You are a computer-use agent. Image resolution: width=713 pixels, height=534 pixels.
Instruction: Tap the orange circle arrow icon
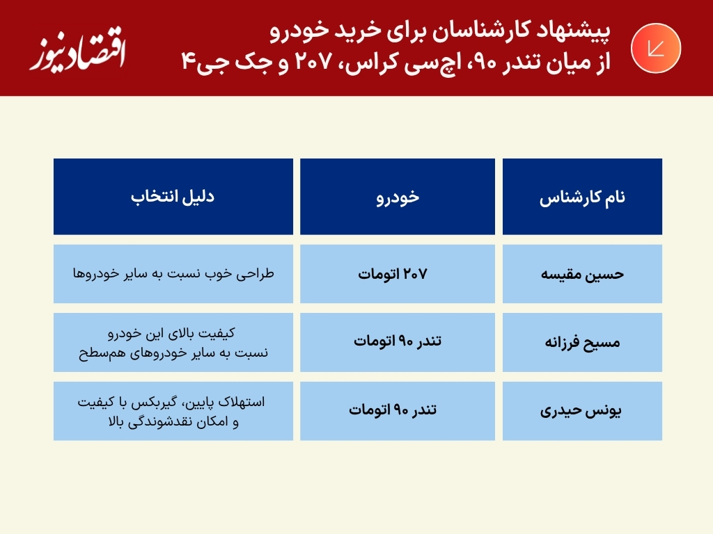(x=655, y=48)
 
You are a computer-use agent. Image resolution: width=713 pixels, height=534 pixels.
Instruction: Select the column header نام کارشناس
(x=582, y=197)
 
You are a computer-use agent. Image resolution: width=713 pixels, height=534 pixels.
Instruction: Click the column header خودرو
(x=398, y=197)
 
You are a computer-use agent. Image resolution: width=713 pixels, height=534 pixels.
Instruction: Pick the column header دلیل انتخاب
(x=173, y=197)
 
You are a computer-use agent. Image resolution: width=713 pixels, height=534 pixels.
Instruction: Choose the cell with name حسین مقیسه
(x=582, y=274)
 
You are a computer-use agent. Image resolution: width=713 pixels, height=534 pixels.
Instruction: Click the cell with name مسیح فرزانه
(x=582, y=342)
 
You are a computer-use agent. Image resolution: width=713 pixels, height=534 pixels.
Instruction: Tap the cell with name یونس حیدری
(x=582, y=411)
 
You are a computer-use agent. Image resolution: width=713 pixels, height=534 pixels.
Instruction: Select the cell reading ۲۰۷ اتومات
(x=398, y=274)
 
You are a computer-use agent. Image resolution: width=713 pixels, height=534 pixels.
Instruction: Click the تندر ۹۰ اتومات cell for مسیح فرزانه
(x=398, y=342)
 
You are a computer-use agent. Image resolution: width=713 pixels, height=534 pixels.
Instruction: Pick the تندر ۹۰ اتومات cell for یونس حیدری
(x=398, y=411)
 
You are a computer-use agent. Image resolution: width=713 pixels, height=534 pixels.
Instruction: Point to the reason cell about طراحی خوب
(x=173, y=274)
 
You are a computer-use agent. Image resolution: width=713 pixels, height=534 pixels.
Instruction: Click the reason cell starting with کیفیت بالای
(x=173, y=342)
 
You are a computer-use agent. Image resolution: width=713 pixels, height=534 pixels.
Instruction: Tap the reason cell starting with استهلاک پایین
(x=173, y=411)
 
